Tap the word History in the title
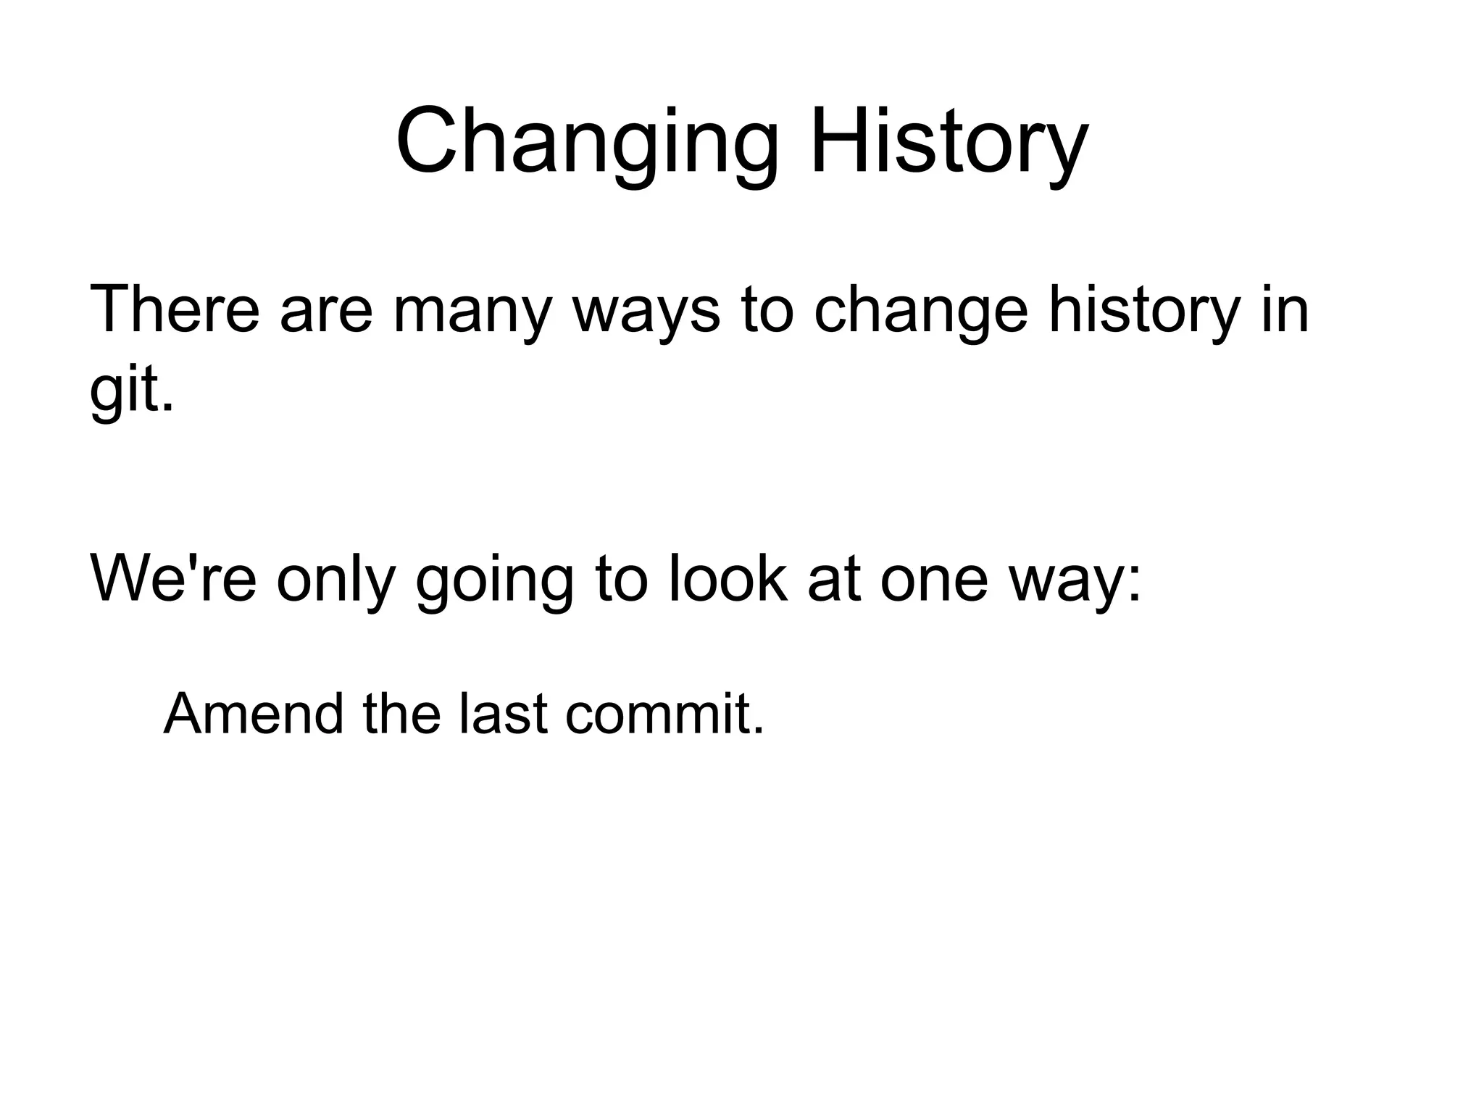point(949,141)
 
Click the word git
point(130,391)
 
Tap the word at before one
point(834,580)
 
